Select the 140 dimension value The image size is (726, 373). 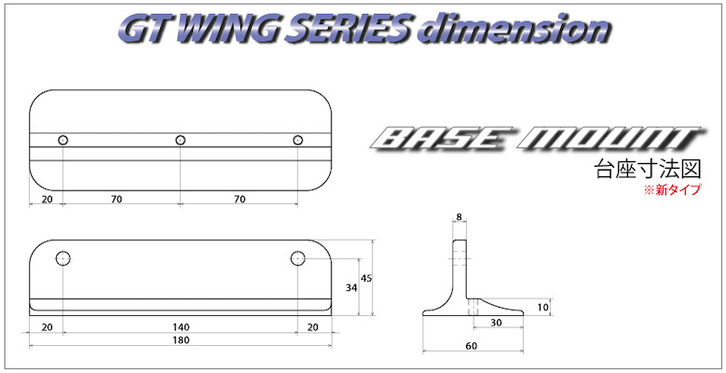[181, 327]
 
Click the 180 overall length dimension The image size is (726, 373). [181, 341]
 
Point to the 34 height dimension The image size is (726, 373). [352, 287]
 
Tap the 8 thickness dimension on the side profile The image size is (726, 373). [459, 220]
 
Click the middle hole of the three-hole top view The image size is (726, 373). [181, 140]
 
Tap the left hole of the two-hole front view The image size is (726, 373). [63, 257]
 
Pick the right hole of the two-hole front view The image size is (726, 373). [297, 257]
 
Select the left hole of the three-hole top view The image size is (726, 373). [63, 140]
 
